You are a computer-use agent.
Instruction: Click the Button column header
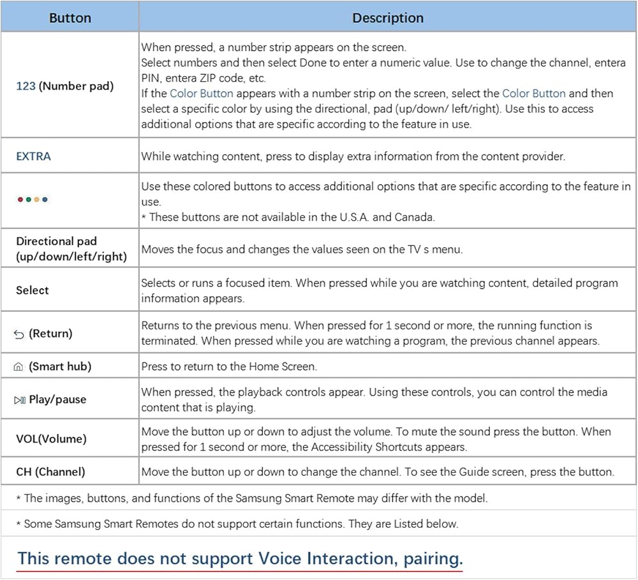pos(70,18)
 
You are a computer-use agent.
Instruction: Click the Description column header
pos(388,18)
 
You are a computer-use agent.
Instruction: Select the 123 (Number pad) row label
pos(64,86)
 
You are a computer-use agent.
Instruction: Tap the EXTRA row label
pos(33,156)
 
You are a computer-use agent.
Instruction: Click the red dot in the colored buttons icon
pos(21,200)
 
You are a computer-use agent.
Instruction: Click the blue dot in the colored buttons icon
pos(45,200)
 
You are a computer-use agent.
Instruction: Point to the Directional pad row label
pos(71,249)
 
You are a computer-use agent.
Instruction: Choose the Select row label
pos(33,290)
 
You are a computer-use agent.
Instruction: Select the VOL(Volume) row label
pos(51,439)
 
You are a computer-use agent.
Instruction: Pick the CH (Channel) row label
pos(50,472)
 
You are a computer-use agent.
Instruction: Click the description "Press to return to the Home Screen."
pos(229,366)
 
